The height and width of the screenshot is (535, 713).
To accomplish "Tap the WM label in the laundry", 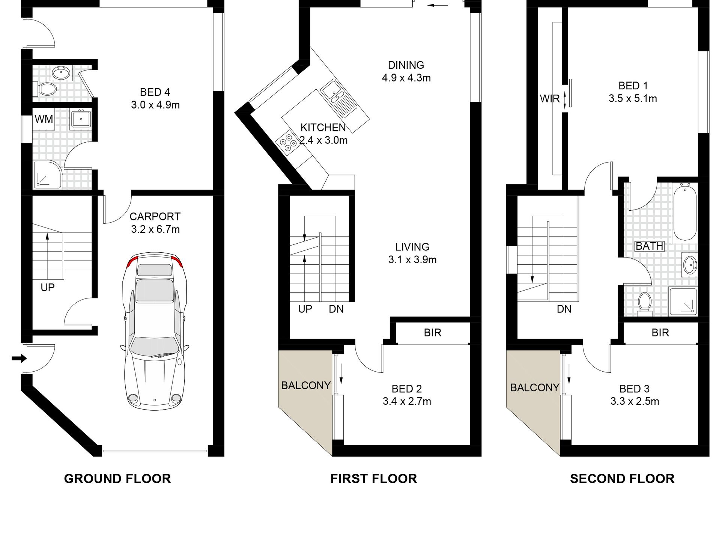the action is pyautogui.click(x=44, y=119).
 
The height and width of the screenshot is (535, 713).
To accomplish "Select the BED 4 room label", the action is pyautogui.click(x=155, y=92).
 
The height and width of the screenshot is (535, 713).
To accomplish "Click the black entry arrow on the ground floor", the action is pyautogui.click(x=19, y=359).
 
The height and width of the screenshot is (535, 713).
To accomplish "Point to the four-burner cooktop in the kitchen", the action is pyautogui.click(x=287, y=143).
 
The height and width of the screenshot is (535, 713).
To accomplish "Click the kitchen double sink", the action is pyautogui.click(x=340, y=99).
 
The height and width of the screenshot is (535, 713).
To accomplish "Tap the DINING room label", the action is pyautogui.click(x=406, y=65).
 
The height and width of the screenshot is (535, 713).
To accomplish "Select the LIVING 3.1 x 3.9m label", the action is pyautogui.click(x=412, y=253).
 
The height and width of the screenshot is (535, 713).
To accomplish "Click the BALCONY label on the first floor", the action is pyautogui.click(x=306, y=386).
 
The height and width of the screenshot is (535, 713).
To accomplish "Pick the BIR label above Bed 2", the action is pyautogui.click(x=433, y=333).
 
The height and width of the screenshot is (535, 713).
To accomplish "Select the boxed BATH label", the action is pyautogui.click(x=650, y=246).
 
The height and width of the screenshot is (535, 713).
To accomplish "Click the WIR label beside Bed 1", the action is pyautogui.click(x=550, y=99).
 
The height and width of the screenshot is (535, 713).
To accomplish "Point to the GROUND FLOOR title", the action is pyautogui.click(x=117, y=479).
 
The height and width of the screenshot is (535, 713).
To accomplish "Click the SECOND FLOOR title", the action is pyautogui.click(x=622, y=479).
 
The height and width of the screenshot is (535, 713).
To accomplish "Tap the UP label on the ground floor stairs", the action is pyautogui.click(x=48, y=288).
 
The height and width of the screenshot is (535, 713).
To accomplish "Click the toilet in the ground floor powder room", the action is pyautogui.click(x=45, y=89).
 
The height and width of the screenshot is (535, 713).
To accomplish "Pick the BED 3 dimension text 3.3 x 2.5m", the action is pyautogui.click(x=635, y=401).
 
